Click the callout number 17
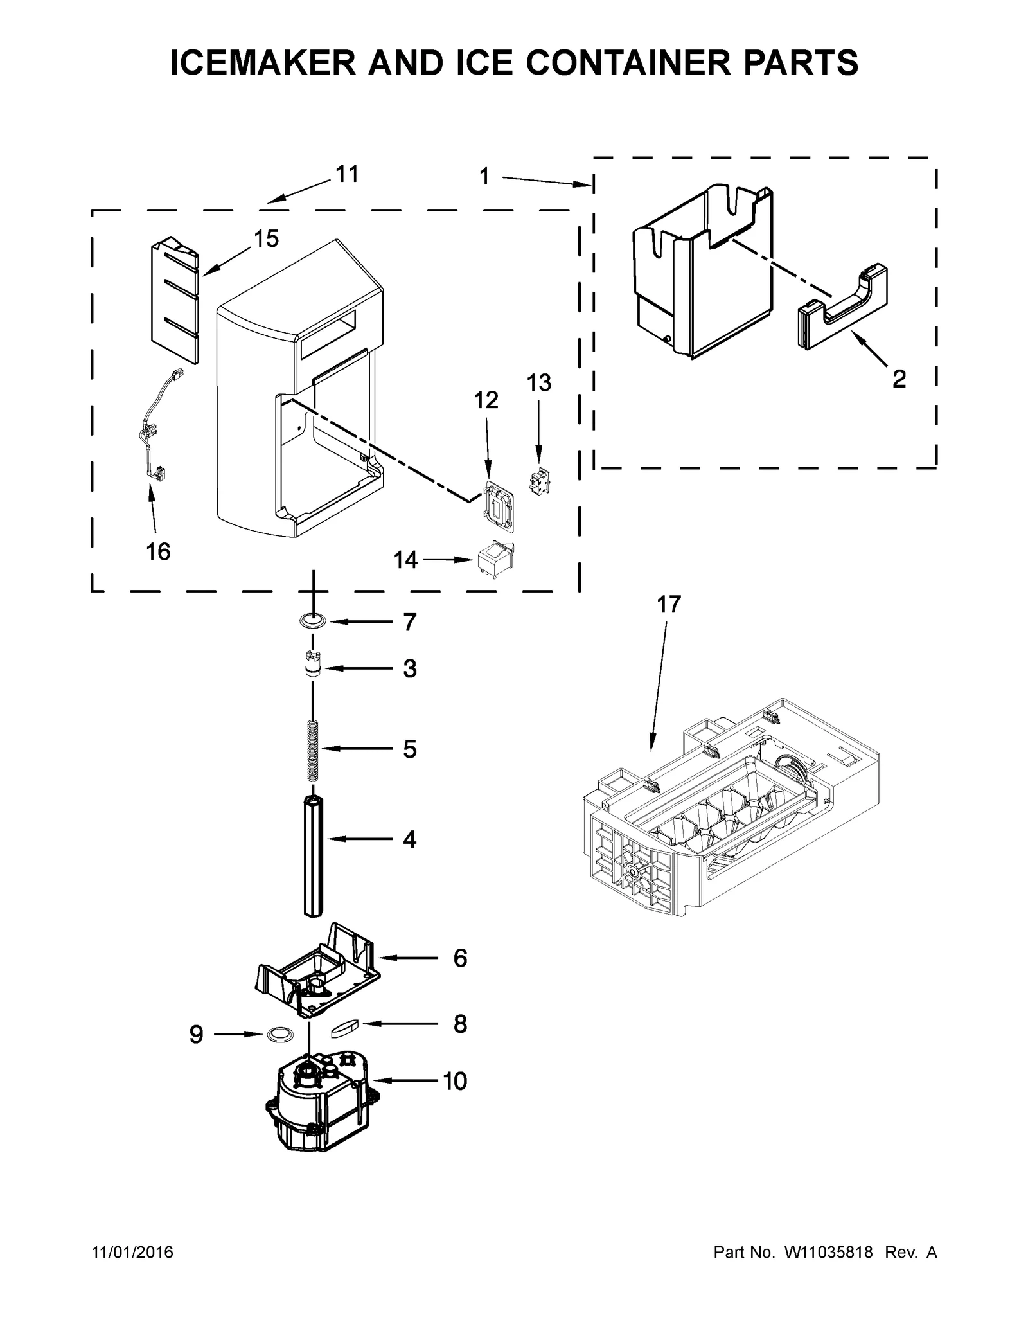668,605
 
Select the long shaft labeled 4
313,855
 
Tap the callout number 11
347,174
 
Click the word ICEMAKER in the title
263,62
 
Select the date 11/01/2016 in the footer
133,1253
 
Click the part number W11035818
827,1253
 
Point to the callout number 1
484,176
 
